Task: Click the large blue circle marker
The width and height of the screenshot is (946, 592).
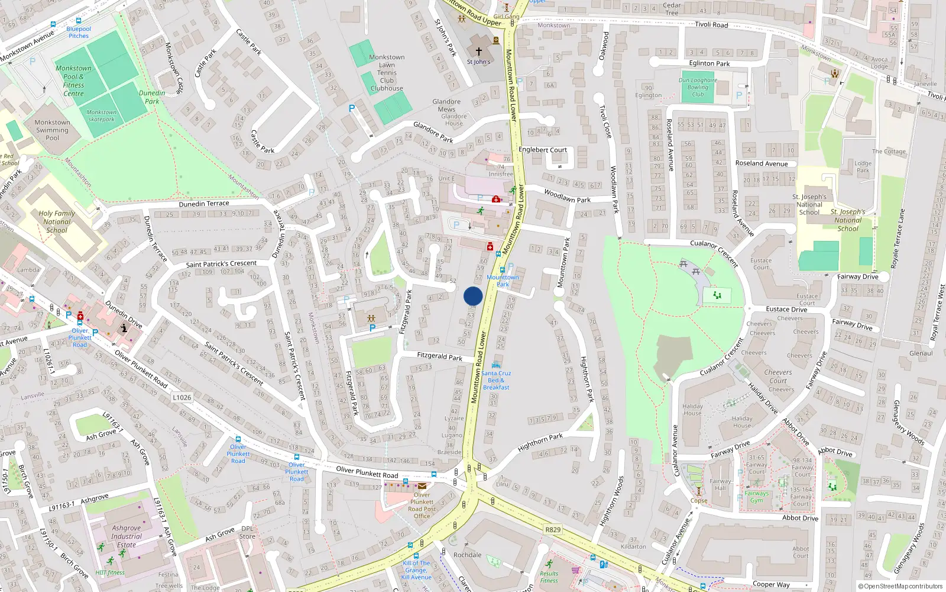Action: (473, 296)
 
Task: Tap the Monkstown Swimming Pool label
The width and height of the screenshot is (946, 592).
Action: (52, 130)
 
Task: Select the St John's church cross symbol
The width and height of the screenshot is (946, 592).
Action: (479, 52)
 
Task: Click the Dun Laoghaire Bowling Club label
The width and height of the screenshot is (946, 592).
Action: (698, 87)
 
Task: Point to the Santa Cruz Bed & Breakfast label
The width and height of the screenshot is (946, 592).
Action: (496, 380)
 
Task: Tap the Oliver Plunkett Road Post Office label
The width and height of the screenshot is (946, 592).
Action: (422, 506)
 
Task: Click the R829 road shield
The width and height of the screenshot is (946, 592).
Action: (553, 529)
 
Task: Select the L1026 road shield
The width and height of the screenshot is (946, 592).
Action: (182, 397)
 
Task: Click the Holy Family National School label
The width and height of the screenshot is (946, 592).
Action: (57, 222)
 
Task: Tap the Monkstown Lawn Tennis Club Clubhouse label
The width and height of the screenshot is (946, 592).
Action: (387, 73)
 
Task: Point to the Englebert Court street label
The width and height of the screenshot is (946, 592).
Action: (542, 150)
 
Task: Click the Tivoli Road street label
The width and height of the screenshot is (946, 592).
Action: (711, 25)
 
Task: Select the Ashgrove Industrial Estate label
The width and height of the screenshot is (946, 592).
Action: (127, 536)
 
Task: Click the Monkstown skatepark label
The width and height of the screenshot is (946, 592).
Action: (102, 115)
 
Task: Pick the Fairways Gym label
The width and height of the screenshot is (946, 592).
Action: (757, 497)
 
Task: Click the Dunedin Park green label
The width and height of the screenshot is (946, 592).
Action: (152, 97)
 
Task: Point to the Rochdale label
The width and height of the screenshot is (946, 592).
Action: (467, 555)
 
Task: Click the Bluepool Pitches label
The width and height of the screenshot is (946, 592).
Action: (79, 32)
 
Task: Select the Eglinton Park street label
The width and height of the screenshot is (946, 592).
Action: (709, 63)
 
